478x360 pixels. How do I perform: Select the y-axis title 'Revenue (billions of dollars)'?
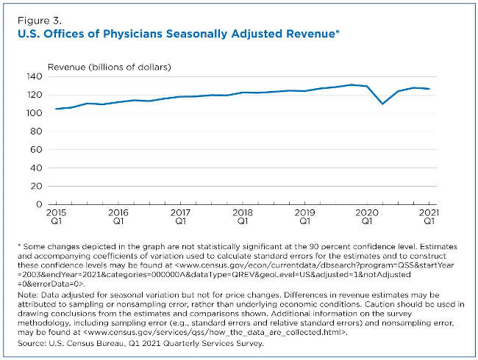109,67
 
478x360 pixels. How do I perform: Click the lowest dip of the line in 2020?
382,104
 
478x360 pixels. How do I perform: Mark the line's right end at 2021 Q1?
429,89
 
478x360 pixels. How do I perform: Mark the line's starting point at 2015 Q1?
56,109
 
